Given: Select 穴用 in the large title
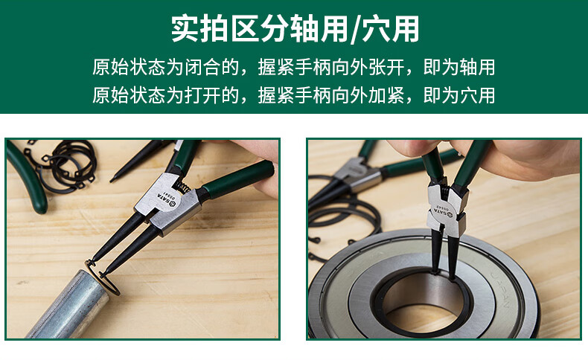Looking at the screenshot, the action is click(x=390, y=29).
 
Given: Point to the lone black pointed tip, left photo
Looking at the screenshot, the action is click(x=135, y=161).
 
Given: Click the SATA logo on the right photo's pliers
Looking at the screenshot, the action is click(x=443, y=213).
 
